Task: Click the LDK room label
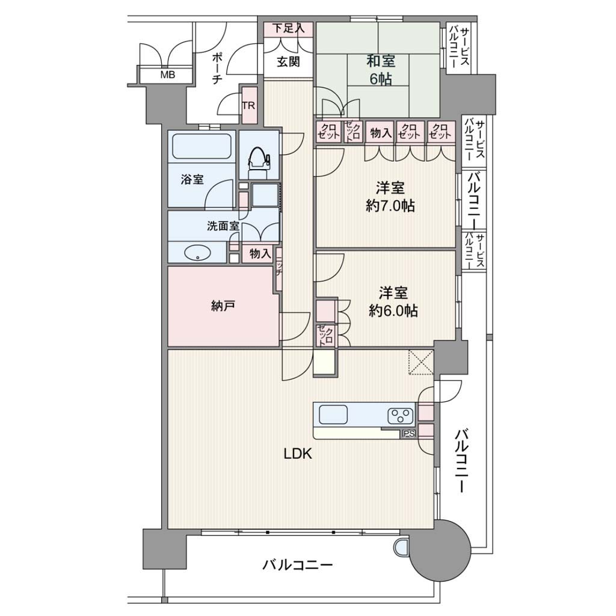point(298,454)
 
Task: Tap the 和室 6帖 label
point(381,70)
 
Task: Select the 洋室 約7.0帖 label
point(390,197)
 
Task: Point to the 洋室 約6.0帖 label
point(393,302)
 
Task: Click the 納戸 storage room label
point(223,306)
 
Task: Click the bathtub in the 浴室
point(202,147)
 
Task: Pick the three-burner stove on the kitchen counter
point(400,416)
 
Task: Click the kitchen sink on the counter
point(333,414)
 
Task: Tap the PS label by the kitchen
point(408,434)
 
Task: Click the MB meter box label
point(167,75)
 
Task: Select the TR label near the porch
point(248,106)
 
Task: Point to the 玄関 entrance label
point(289,62)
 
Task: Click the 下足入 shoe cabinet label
point(289,28)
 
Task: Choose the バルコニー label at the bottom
point(298,565)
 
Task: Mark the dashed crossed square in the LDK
point(420,362)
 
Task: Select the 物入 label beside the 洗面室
point(260,254)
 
